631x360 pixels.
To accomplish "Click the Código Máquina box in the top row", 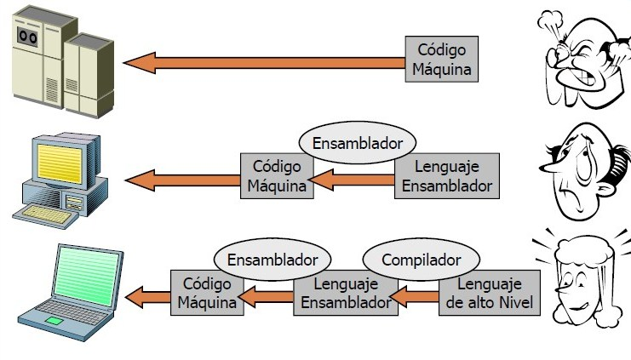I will [x=441, y=59].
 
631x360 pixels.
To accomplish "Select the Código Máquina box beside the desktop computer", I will [x=278, y=175].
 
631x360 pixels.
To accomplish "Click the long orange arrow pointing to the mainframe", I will [x=264, y=62].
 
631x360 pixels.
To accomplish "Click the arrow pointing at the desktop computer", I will [x=182, y=180].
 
